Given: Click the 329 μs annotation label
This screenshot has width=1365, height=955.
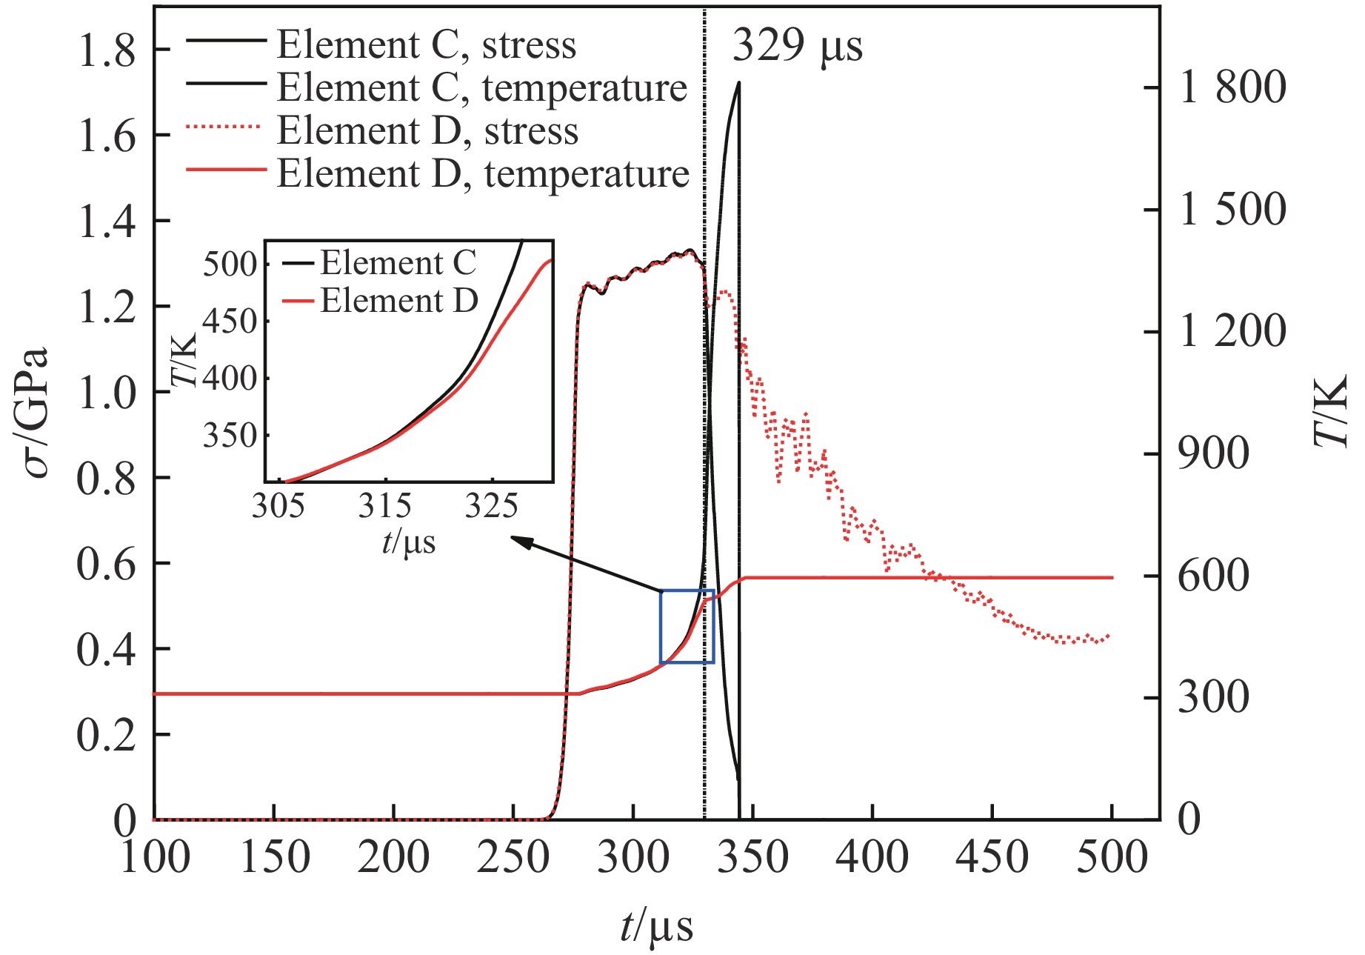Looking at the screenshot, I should click(x=797, y=46).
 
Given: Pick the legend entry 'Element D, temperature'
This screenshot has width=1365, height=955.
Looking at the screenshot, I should click(x=483, y=174).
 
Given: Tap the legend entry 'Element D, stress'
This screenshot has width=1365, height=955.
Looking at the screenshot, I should click(x=427, y=131).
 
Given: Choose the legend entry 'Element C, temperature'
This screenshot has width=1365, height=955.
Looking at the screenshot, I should click(x=481, y=88).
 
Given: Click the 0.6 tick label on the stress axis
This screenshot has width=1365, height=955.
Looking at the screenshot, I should click(x=107, y=564).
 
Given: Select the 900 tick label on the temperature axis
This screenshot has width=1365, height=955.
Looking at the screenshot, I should click(x=1213, y=453).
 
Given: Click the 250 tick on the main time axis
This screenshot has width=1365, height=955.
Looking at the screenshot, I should click(x=513, y=858).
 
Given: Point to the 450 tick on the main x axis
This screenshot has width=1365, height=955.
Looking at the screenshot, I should click(x=992, y=858).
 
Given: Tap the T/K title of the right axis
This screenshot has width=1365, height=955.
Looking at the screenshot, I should click(x=1331, y=412).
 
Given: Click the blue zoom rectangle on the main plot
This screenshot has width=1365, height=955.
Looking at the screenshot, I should click(x=687, y=627).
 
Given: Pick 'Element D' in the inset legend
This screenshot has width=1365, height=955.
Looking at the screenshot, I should click(x=398, y=301).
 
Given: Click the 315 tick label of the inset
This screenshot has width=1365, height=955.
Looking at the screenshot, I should click(x=384, y=507).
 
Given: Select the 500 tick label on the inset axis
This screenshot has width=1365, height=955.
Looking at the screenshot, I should click(x=230, y=264).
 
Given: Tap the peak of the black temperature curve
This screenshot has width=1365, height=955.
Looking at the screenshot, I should click(x=738, y=82).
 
